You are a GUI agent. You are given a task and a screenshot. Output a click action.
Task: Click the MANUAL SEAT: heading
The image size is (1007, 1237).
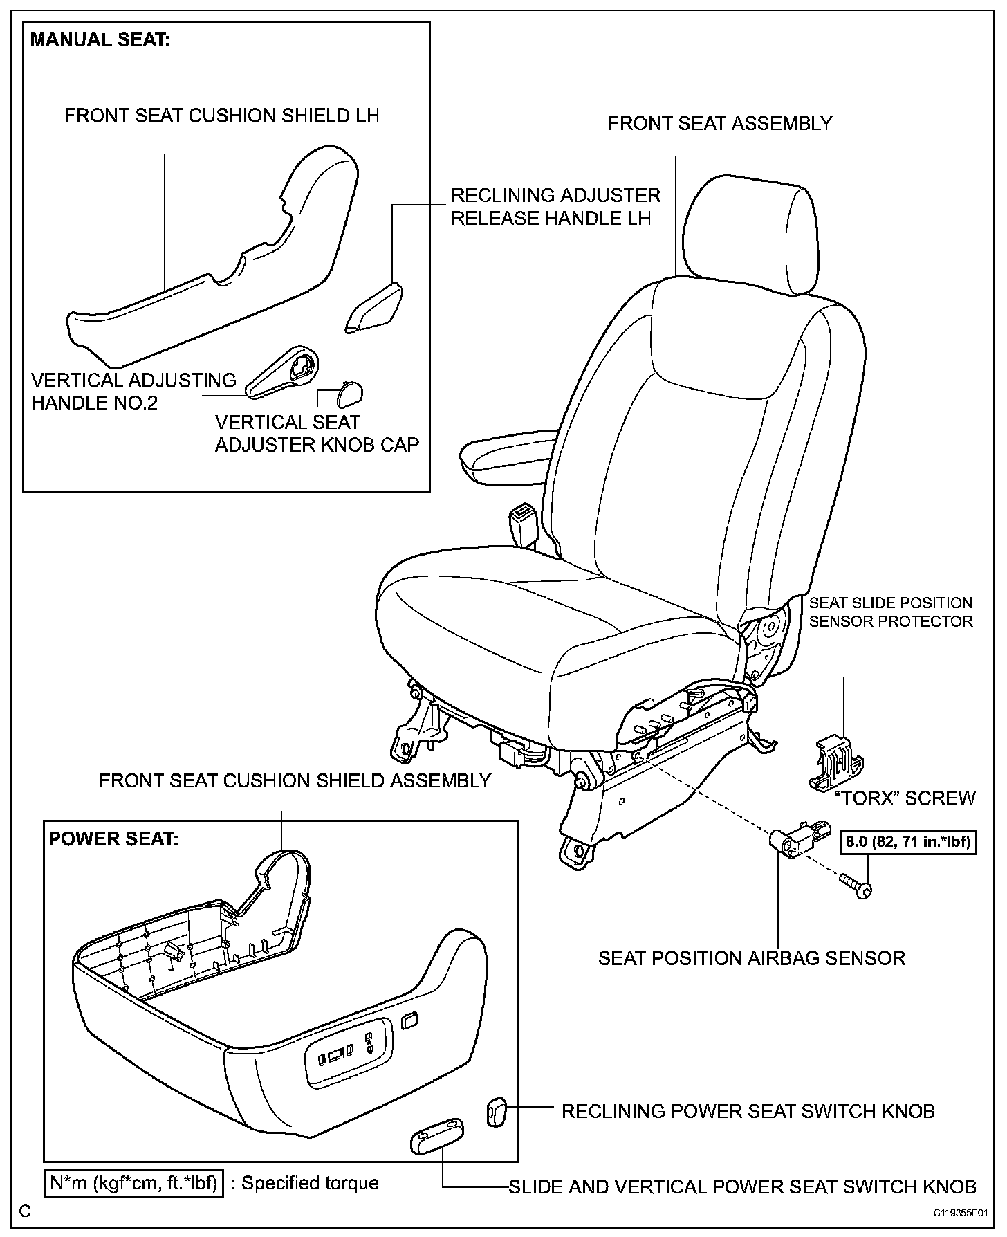pyautogui.click(x=100, y=41)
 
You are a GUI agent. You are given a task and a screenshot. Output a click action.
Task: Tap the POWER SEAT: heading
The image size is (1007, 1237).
pyautogui.click(x=113, y=839)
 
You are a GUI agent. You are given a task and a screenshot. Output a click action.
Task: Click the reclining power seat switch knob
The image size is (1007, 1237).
pyautogui.click(x=497, y=1112)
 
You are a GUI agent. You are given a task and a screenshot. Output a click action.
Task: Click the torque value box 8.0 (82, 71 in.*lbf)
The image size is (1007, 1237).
pyautogui.click(x=908, y=843)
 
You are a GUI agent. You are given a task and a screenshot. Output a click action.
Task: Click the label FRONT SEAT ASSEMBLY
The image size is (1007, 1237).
pyautogui.click(x=719, y=124)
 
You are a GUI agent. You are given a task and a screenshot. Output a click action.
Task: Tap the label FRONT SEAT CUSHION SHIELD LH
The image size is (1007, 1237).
pyautogui.click(x=222, y=116)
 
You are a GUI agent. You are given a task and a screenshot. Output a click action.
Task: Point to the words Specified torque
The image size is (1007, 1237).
pyautogui.click(x=310, y=1183)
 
